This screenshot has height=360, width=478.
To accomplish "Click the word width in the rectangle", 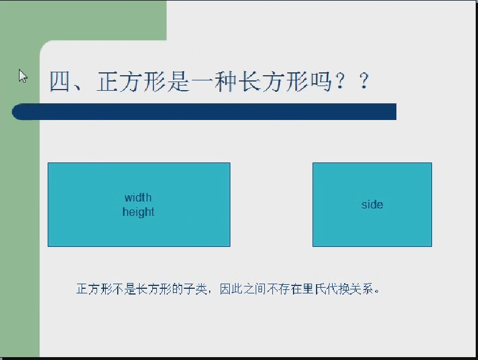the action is [138, 198].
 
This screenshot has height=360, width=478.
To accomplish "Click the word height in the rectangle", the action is [138, 212].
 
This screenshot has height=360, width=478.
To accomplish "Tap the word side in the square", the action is [372, 204].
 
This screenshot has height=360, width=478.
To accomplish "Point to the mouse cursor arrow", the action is [23, 76].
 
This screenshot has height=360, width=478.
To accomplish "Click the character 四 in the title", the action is [60, 82].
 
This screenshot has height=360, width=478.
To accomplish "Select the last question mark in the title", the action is [364, 82].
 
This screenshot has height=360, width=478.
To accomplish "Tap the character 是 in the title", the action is [179, 82].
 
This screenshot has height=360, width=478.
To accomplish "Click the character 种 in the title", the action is [226, 82].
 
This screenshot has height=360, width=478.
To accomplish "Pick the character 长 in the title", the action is [249, 82].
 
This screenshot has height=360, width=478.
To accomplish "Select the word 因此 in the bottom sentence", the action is [231, 289].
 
